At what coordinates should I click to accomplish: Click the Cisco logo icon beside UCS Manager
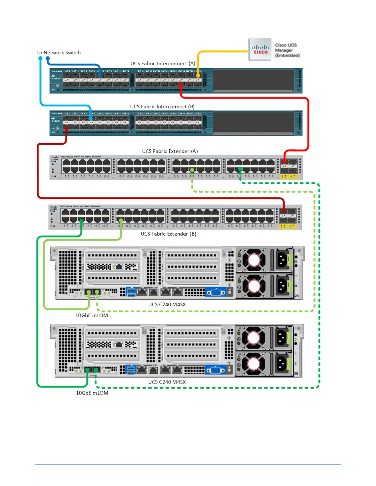(260, 49)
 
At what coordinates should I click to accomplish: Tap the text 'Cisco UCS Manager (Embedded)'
(287, 50)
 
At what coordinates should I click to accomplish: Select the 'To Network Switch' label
(59, 53)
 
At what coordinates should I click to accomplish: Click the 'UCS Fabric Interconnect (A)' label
(163, 64)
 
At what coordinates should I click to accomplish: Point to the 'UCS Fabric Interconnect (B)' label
(162, 107)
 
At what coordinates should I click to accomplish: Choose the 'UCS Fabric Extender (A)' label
(170, 151)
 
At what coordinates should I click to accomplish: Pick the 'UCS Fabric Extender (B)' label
(168, 234)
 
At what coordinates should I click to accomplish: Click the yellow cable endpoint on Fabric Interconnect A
(198, 75)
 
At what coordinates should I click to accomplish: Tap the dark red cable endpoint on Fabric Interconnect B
(66, 129)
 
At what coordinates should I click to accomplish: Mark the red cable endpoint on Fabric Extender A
(284, 161)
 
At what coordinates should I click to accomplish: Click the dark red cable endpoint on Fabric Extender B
(284, 210)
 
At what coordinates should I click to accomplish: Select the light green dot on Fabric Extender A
(192, 170)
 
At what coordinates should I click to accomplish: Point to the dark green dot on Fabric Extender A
(240, 169)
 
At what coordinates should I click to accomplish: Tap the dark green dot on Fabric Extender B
(81, 221)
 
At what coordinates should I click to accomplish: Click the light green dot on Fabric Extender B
(121, 220)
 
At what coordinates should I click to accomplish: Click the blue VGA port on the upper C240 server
(216, 292)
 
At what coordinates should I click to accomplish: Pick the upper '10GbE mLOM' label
(92, 315)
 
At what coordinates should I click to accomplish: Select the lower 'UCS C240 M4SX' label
(167, 382)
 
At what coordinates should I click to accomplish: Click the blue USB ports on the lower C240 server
(131, 370)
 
